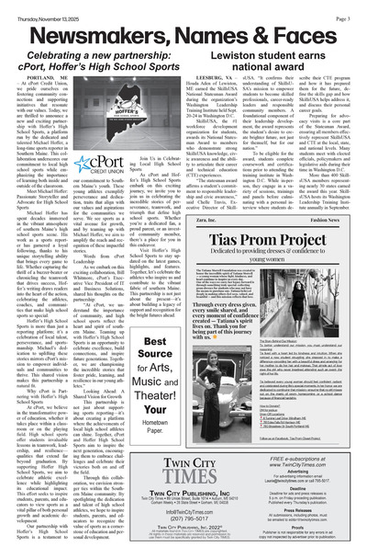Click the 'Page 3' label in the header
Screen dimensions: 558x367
pyautogui.click(x=348, y=6)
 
